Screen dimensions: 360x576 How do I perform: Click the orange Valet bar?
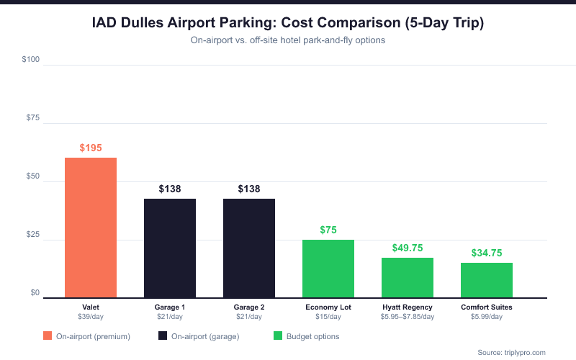point(91,228)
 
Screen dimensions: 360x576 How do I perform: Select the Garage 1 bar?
point(170,248)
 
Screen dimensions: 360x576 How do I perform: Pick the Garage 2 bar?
point(249,248)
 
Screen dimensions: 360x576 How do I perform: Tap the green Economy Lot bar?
point(328,269)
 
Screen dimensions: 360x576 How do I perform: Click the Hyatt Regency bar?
point(408,277)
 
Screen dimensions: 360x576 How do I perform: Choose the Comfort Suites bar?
point(487,280)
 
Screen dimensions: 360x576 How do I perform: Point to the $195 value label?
point(91,148)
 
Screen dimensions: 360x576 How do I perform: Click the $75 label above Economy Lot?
point(328,230)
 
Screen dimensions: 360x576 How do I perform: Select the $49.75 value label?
point(408,248)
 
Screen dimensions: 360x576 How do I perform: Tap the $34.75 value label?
point(487,253)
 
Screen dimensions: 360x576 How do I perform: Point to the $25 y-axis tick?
point(32,235)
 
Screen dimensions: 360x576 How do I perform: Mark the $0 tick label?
point(35,292)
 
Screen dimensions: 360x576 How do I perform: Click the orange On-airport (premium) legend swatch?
point(48,336)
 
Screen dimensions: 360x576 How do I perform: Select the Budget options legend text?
point(312,336)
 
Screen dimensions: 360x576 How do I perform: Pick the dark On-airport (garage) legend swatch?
point(163,336)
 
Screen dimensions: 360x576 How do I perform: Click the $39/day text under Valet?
point(91,317)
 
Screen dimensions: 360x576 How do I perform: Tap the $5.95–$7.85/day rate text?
point(408,317)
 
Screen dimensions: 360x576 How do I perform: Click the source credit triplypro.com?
point(512,352)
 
